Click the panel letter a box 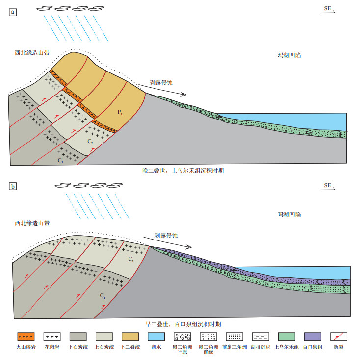click(13, 12)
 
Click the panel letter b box click(13, 186)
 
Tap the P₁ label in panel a click(120, 112)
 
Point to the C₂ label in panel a click(90, 141)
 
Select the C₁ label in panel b click(103, 295)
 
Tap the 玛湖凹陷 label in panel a click(289, 55)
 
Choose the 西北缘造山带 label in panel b click(32, 223)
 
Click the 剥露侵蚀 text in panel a click(161, 83)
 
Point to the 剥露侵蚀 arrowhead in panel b click(189, 247)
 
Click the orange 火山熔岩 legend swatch click(26, 336)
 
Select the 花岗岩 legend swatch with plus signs click(52, 336)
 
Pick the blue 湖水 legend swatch click(156, 336)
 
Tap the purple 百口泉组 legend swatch click(312, 336)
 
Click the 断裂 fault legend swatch click(338, 336)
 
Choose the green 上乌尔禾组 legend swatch click(286, 336)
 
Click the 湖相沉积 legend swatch click(260, 336)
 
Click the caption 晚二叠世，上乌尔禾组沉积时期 click(183, 171)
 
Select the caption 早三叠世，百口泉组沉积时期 click(183, 324)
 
